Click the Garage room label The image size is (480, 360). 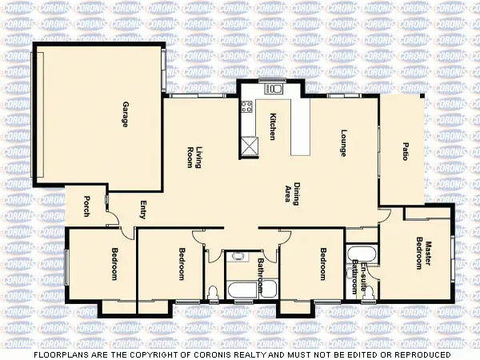pos(126,114)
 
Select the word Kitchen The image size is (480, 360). pos(273,126)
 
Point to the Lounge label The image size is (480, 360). pos(344,142)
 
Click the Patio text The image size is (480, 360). pos(406,151)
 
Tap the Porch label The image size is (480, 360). pos(86,207)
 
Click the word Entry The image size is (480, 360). pos(144,210)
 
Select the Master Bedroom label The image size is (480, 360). pos(424,255)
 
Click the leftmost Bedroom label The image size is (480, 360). pos(114,264)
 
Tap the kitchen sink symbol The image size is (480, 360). pos(276,88)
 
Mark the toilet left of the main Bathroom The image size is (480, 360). pos(213,292)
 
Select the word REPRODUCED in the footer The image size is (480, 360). pos(419,354)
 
